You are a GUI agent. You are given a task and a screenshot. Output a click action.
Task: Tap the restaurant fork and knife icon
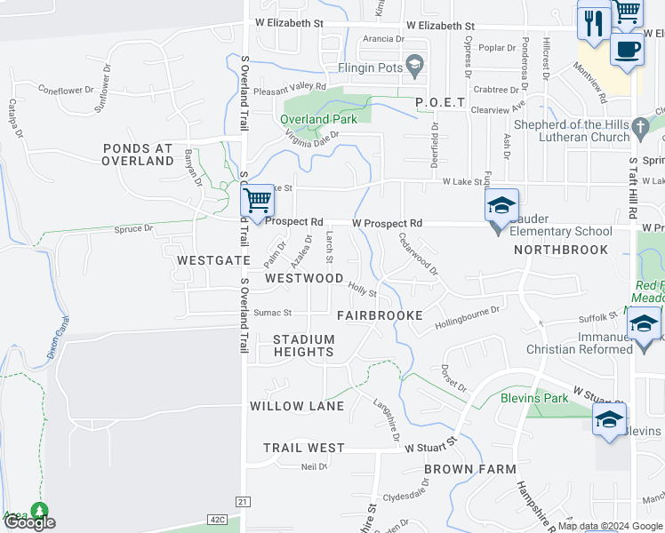click(592, 22)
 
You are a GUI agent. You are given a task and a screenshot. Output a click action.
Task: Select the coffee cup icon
click(627, 49)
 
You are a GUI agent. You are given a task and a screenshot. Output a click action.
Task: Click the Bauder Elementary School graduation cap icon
click(501, 206)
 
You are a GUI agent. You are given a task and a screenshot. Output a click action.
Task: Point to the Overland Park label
click(318, 119)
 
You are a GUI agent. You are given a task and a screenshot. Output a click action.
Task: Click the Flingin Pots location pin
click(413, 63)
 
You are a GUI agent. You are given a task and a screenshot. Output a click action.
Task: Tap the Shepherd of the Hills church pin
click(640, 131)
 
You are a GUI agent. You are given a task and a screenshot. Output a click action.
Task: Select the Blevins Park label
click(533, 399)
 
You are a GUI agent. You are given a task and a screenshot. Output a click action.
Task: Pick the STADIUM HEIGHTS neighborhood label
click(304, 346)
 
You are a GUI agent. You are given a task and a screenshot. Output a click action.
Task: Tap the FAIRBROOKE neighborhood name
click(372, 315)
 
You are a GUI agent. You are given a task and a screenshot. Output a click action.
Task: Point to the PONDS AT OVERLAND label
click(138, 155)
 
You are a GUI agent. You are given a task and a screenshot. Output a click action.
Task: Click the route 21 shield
click(241, 503)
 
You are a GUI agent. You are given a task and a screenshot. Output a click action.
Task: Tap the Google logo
click(28, 522)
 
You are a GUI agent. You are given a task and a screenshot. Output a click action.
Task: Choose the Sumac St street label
click(274, 313)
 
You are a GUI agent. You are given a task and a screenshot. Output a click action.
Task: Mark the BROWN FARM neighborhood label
click(469, 468)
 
